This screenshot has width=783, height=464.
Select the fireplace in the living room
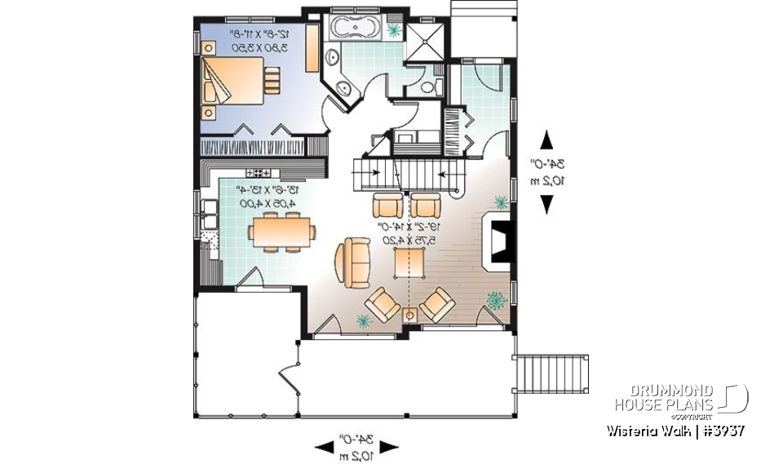coord(498,238)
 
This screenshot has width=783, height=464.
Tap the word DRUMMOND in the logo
coord(664,391)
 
